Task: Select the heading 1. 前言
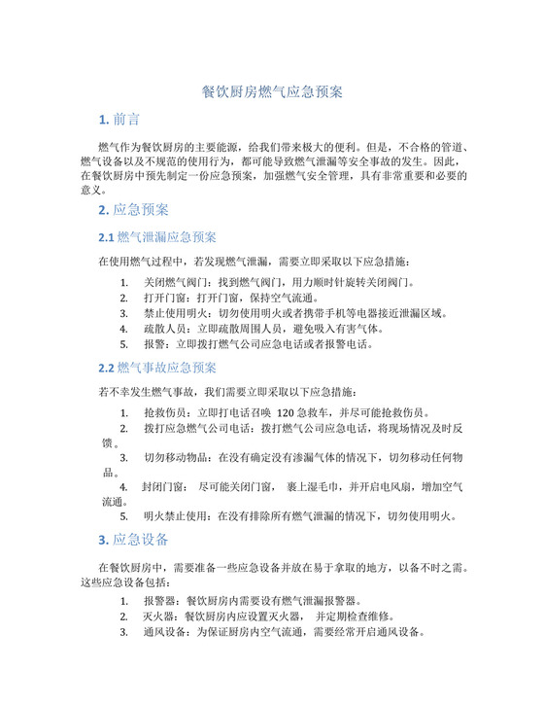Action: [119, 120]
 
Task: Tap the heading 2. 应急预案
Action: [134, 210]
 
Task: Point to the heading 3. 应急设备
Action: [134, 540]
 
